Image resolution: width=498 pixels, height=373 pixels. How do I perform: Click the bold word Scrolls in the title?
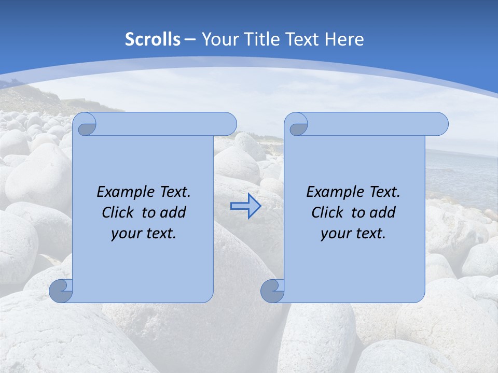point(153,39)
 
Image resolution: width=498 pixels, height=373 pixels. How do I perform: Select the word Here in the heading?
point(344,39)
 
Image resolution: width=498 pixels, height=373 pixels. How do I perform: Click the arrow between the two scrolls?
point(245,206)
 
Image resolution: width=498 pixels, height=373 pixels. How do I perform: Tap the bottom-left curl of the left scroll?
point(61,291)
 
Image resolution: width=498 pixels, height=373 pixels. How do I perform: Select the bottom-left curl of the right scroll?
point(272,291)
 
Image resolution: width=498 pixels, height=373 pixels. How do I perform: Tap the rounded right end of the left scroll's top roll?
point(228,124)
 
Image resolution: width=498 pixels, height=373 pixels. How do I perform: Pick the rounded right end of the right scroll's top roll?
point(440,124)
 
